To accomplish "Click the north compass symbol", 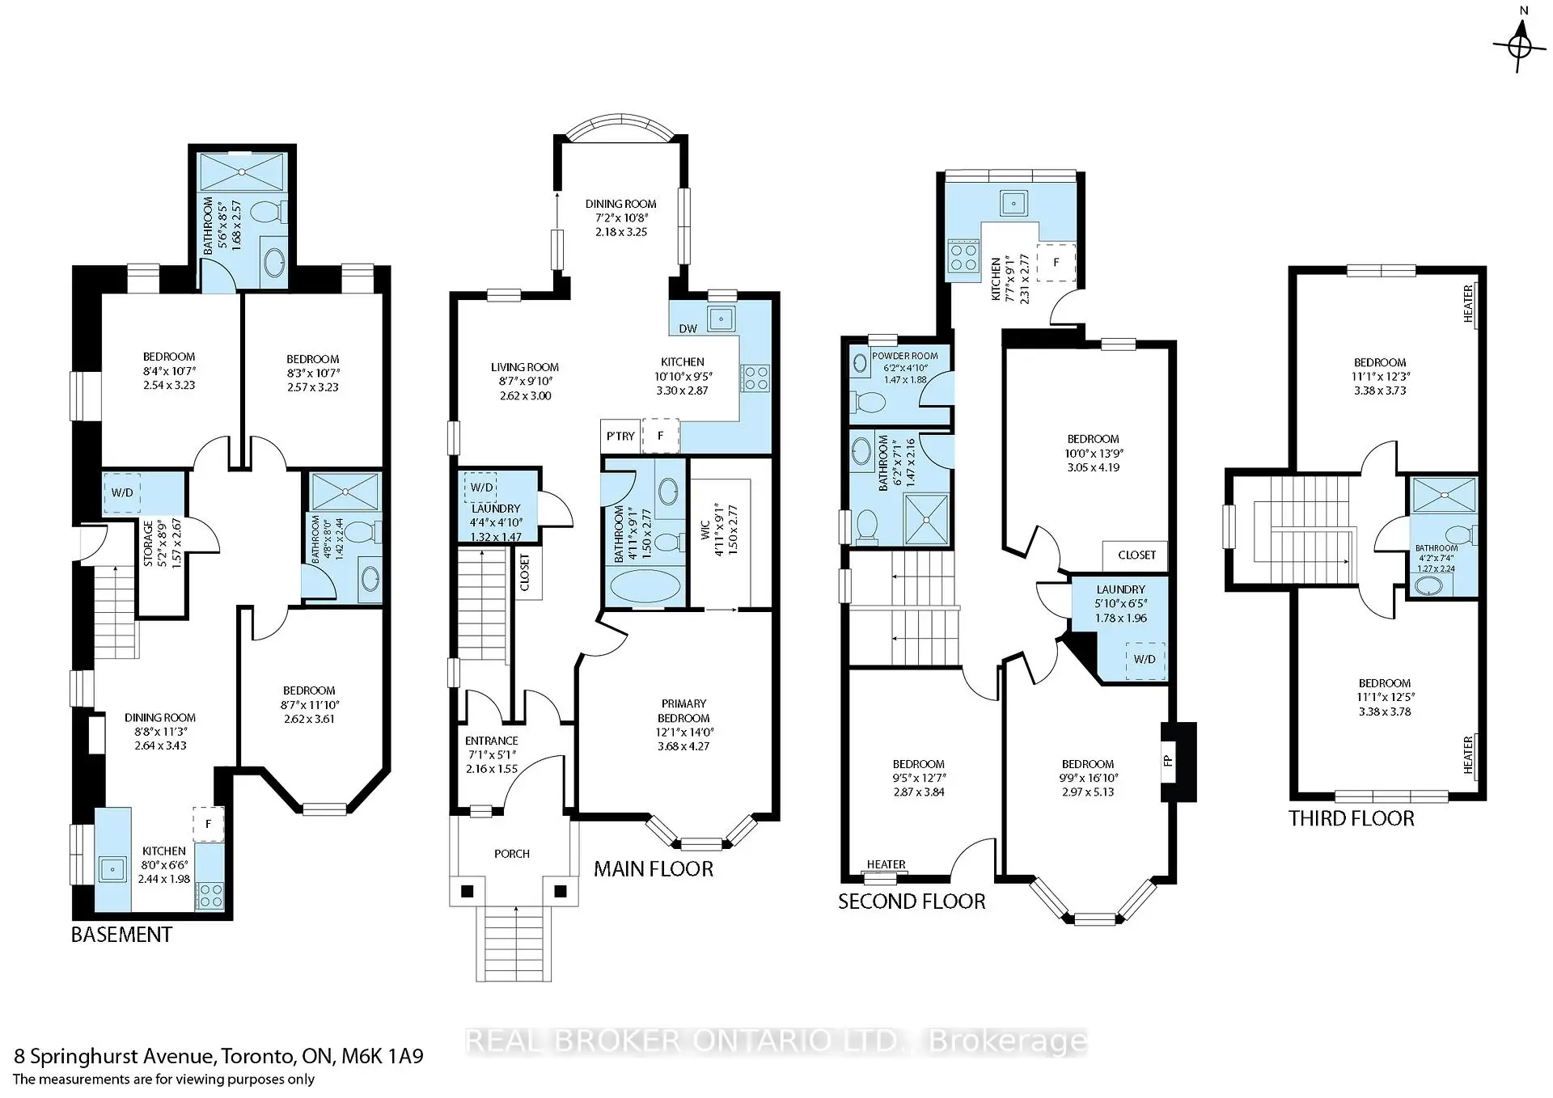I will (1520, 45).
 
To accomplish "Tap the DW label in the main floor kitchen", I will (688, 328).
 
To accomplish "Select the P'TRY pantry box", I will (620, 436).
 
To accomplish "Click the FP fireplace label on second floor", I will (1168, 761).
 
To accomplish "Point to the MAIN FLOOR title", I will (654, 869).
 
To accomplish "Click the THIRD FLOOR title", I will (1351, 818).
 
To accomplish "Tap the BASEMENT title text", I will (121, 935).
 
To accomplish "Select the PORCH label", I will (512, 854).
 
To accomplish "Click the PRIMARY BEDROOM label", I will (683, 711).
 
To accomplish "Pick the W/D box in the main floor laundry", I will (481, 488).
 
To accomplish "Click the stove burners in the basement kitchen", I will (210, 894).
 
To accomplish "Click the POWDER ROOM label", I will (904, 356).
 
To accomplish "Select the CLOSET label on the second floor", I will (1136, 555).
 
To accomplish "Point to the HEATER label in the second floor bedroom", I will (886, 864).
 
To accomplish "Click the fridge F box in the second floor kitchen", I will (1056, 262).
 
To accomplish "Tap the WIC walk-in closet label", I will (705, 530).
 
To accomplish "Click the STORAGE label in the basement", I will (149, 543).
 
